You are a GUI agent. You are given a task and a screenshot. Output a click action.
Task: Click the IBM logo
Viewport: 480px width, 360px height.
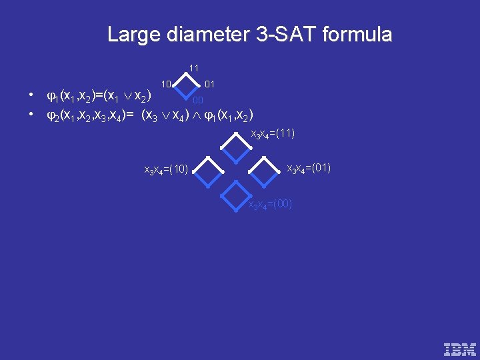coord(460,349)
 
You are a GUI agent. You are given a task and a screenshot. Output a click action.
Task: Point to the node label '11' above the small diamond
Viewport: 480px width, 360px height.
coord(193,68)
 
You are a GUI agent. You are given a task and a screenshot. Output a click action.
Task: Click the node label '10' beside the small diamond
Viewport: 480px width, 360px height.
coord(167,85)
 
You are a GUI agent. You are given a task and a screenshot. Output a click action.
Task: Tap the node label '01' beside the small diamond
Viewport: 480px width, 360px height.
coord(209,85)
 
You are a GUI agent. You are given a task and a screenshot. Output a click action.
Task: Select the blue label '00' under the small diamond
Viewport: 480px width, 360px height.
coord(198,101)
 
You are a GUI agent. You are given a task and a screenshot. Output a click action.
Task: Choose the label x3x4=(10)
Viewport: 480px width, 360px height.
coord(166,170)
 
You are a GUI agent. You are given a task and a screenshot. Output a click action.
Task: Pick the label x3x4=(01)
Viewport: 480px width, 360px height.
coord(309,167)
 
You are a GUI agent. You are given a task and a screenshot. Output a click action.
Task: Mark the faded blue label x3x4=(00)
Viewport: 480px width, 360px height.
coord(270,204)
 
